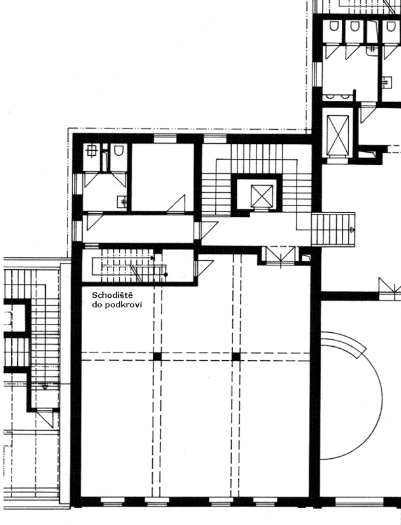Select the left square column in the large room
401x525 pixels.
(x=157, y=356)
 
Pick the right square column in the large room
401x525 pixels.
(x=236, y=356)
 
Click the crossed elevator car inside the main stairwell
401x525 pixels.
(x=262, y=196)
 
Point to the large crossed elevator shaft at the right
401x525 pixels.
(x=338, y=136)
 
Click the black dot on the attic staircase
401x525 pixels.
(x=165, y=274)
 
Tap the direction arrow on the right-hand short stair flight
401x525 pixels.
(x=352, y=230)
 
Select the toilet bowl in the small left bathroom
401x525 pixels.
(x=118, y=150)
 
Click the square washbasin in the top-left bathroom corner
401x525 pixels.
(x=91, y=151)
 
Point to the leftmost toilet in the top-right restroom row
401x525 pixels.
(x=334, y=26)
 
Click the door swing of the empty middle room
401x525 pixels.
(x=176, y=203)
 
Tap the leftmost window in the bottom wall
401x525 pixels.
(x=113, y=501)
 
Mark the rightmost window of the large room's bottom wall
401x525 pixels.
(x=265, y=501)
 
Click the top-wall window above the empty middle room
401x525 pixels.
(x=165, y=139)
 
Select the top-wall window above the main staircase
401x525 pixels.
(x=215, y=139)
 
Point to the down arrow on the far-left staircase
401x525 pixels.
(x=45, y=387)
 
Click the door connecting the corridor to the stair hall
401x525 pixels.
(x=206, y=230)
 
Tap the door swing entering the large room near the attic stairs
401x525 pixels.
(x=204, y=268)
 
